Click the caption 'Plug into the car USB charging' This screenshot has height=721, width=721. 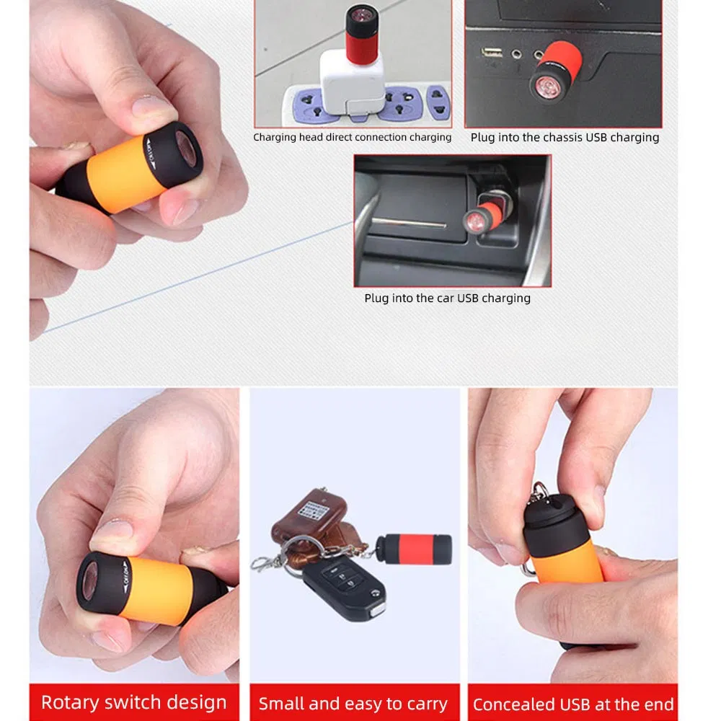(447, 298)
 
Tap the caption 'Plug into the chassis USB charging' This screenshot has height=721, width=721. (565, 137)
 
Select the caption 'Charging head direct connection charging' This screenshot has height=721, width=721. (352, 137)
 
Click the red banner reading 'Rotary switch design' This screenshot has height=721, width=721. (133, 702)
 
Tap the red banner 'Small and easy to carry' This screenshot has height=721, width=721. (353, 703)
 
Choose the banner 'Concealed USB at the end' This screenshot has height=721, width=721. (573, 704)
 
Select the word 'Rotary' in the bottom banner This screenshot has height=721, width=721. (70, 702)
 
